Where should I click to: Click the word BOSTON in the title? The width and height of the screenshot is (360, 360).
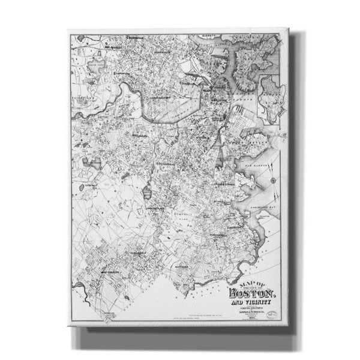pyautogui.click(x=251, y=293)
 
